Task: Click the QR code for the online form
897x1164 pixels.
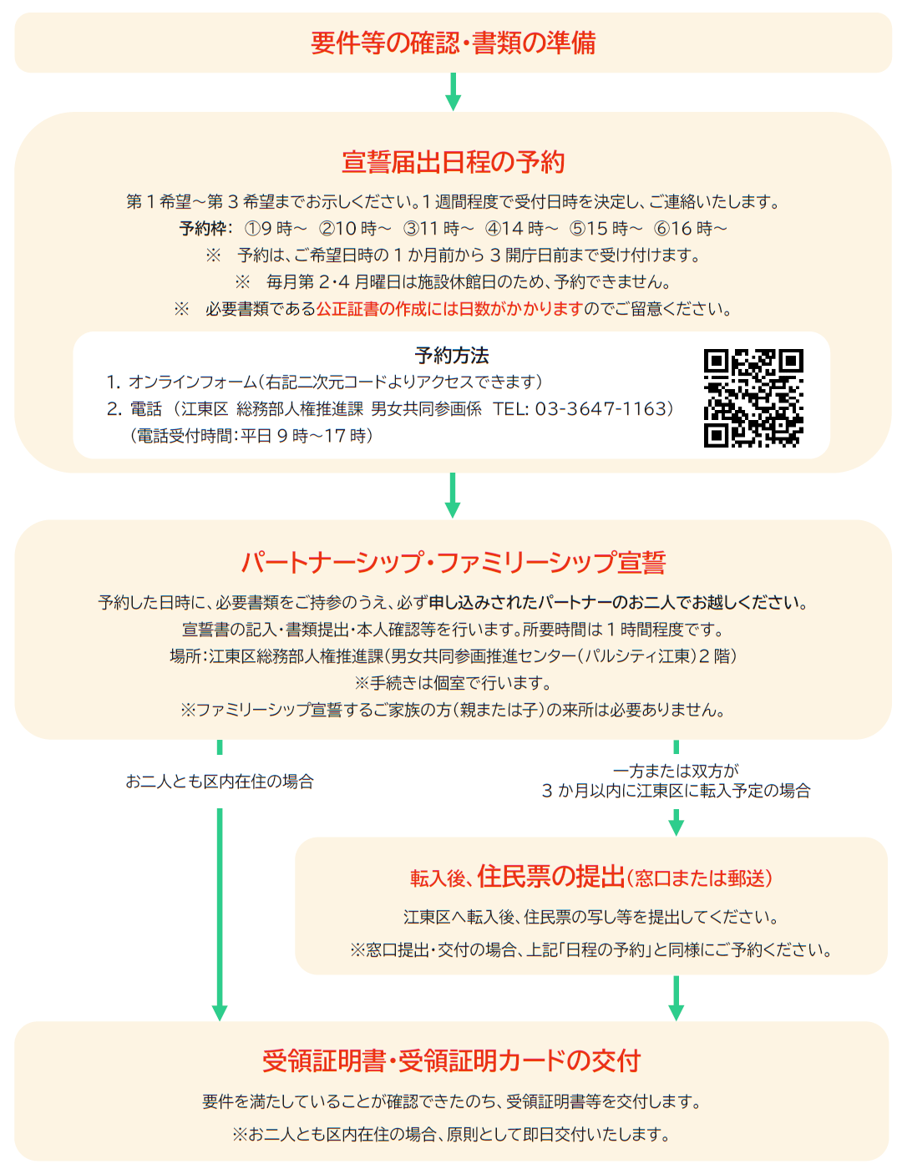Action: coord(753,397)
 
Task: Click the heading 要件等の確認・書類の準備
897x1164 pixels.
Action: coord(453,43)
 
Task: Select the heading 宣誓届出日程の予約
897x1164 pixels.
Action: coord(453,162)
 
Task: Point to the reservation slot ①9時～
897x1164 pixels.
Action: coord(275,229)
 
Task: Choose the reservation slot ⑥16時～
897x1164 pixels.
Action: coord(690,229)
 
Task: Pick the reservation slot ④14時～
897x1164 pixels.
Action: coord(521,229)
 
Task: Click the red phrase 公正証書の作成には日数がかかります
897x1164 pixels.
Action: coord(448,309)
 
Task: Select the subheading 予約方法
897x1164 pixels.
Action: coord(452,355)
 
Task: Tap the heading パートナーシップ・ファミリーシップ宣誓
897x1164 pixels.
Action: coord(453,563)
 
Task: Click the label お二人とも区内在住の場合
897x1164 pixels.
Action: coord(219,782)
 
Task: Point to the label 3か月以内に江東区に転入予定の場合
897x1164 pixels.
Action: coord(676,791)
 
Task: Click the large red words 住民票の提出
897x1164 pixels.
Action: coord(550,877)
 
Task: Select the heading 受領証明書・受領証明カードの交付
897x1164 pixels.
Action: coord(451,1060)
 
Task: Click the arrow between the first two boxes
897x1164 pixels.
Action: coord(453,92)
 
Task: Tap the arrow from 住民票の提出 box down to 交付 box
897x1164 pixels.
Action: coord(676,999)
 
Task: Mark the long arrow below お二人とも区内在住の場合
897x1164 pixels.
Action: coord(220,915)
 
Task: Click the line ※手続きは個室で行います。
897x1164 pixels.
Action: coord(453,683)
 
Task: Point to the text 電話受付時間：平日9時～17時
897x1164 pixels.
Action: coord(251,436)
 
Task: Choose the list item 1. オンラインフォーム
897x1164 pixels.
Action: coord(324,382)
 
